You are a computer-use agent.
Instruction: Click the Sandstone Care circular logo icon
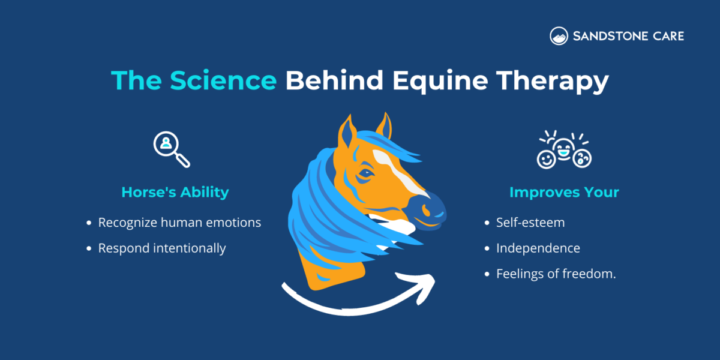coord(559,36)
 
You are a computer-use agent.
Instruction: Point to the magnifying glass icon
coord(171,149)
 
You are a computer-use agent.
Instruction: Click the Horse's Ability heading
coord(175,193)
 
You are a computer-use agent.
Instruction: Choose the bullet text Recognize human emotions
coord(179,223)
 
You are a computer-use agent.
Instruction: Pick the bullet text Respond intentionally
coord(162,248)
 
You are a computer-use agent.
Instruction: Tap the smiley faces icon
coord(564,150)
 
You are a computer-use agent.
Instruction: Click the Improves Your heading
coord(564,193)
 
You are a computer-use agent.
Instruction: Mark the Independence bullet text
coord(538,248)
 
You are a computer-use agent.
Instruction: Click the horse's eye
coord(364,175)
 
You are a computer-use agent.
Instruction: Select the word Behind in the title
coord(333,81)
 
